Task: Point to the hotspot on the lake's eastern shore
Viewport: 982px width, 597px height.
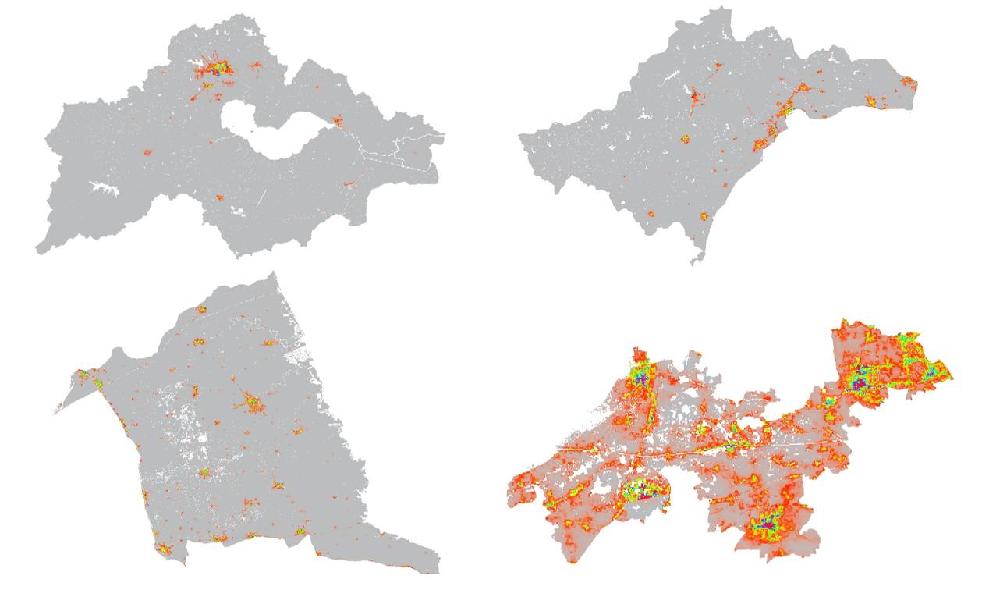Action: [x=337, y=121]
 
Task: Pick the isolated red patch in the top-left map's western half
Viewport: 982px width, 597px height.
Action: [x=147, y=152]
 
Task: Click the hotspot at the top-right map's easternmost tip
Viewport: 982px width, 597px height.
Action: [x=909, y=81]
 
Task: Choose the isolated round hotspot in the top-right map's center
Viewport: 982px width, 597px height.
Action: [x=686, y=139]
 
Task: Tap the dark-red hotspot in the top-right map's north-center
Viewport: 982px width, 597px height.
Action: [x=693, y=96]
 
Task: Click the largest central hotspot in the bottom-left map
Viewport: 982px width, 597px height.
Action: [x=252, y=403]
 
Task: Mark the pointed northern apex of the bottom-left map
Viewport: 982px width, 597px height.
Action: [x=272, y=274]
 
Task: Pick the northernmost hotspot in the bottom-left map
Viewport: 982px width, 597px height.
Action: [x=201, y=309]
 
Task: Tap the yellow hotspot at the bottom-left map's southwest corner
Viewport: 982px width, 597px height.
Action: [x=165, y=549]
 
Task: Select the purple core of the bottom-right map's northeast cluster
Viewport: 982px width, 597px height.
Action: [x=859, y=382]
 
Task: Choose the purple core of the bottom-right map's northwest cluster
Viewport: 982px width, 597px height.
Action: [x=640, y=376]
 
